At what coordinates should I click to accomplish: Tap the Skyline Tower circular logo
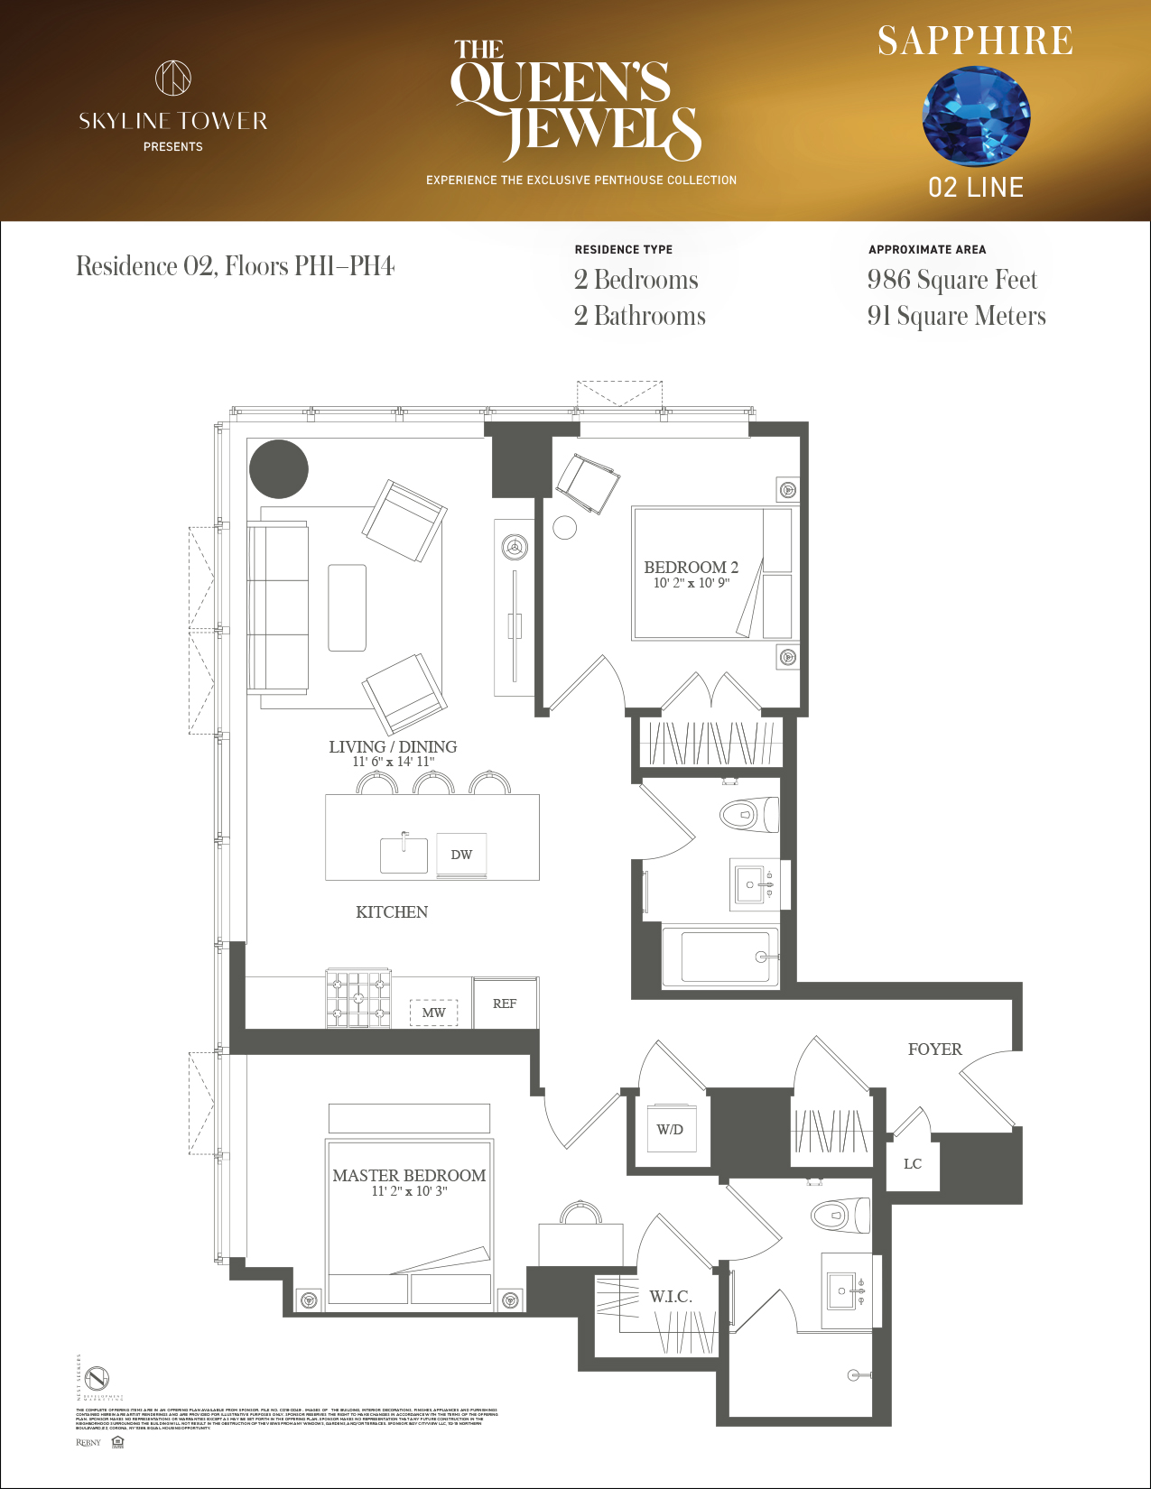click(x=173, y=78)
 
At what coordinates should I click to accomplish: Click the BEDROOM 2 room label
click(x=691, y=568)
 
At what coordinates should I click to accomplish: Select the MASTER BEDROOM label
click(x=409, y=1176)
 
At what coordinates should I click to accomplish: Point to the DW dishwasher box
click(x=461, y=855)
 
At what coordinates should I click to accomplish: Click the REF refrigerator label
click(x=505, y=1003)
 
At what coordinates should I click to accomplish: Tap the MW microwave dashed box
click(x=434, y=1013)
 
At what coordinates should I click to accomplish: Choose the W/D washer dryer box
click(x=670, y=1129)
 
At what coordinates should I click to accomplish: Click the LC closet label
click(x=913, y=1164)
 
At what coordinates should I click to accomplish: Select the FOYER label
click(x=934, y=1050)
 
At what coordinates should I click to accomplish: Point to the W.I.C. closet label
click(x=671, y=1297)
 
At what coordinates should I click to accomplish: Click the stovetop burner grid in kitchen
click(x=358, y=998)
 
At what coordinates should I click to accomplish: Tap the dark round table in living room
click(x=279, y=469)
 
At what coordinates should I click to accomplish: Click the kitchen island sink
click(x=404, y=855)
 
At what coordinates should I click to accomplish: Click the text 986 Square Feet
click(x=951, y=280)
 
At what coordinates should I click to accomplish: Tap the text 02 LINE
click(x=976, y=188)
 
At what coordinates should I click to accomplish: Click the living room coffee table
click(x=347, y=607)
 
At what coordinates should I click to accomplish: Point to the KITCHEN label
click(x=392, y=912)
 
